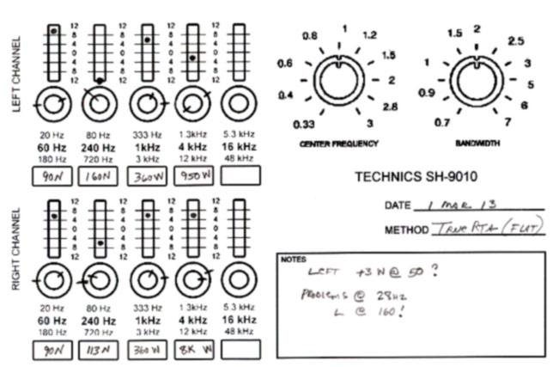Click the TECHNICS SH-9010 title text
(416, 178)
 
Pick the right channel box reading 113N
(100, 350)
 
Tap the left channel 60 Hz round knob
(53, 104)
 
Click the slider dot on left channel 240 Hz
(100, 81)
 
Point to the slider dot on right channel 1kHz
(148, 216)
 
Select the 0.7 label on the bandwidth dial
(441, 123)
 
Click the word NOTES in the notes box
(292, 259)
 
